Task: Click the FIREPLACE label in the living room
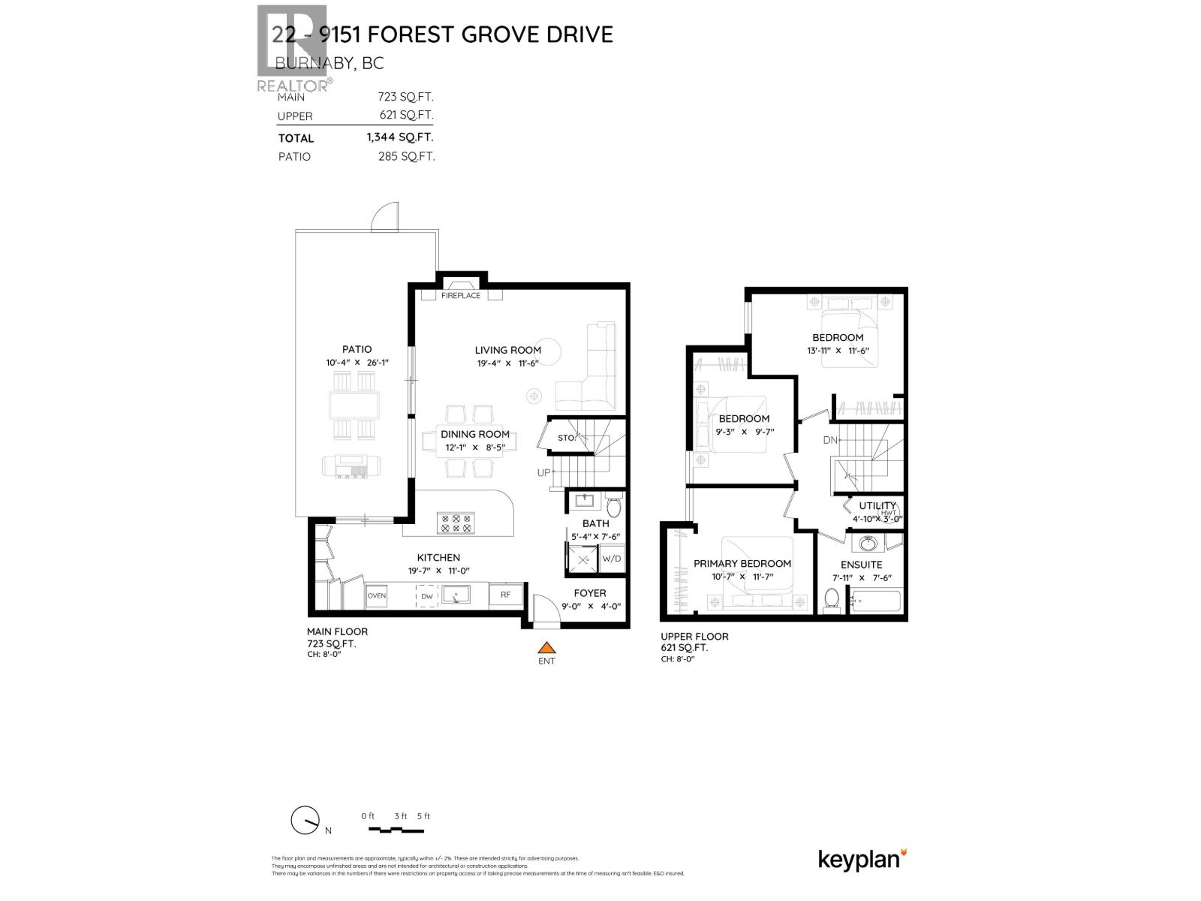[x=460, y=296]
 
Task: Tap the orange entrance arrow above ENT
[x=546, y=648]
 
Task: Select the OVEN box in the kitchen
[x=376, y=595]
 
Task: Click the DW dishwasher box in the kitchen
[x=427, y=596]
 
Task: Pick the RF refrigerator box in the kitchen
[x=506, y=595]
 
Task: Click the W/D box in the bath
[x=612, y=559]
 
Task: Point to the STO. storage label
[x=566, y=438]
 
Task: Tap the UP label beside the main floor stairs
[x=543, y=473]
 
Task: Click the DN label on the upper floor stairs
[x=829, y=440]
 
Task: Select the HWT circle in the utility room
[x=889, y=514]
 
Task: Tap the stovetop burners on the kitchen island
[x=456, y=523]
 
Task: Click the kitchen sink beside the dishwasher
[x=456, y=595]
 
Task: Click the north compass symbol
[x=305, y=821]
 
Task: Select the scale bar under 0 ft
[x=396, y=830]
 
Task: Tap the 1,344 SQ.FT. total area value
[x=400, y=137]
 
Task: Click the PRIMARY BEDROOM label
[x=742, y=564]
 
